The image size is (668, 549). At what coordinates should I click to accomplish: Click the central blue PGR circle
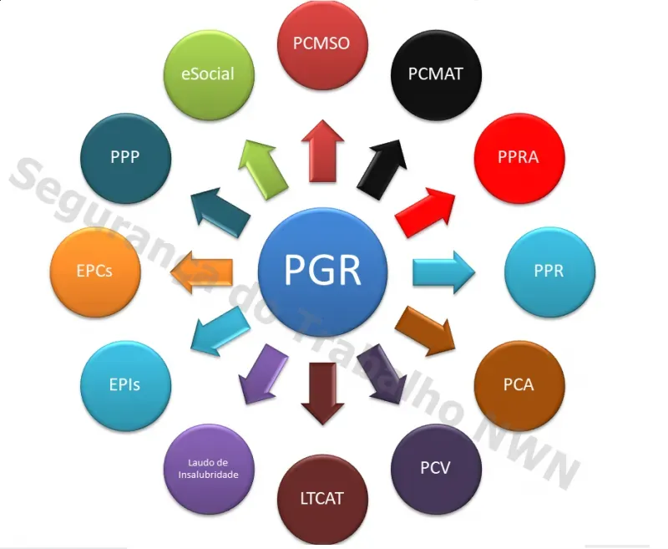pyautogui.click(x=322, y=272)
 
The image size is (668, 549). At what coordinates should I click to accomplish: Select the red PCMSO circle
pyautogui.click(x=322, y=44)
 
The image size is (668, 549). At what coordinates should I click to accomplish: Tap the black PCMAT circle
pyautogui.click(x=436, y=75)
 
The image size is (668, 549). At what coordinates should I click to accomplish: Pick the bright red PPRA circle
pyautogui.click(x=519, y=158)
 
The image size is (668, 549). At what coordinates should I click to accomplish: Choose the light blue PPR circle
pyautogui.click(x=550, y=272)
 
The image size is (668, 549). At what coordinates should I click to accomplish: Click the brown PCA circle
pyautogui.click(x=519, y=386)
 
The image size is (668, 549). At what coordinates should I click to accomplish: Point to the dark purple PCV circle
pyautogui.click(x=436, y=469)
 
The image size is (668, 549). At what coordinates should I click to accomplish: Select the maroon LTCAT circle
pyautogui.click(x=322, y=500)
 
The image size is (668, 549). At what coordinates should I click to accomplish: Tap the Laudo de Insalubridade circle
pyautogui.click(x=209, y=469)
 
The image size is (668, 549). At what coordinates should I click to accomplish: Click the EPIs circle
pyautogui.click(x=126, y=386)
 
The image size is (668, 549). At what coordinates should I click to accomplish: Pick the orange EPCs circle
pyautogui.click(x=95, y=272)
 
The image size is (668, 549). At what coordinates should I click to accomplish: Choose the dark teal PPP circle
pyautogui.click(x=126, y=158)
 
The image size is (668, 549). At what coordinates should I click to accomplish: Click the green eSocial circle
pyautogui.click(x=209, y=75)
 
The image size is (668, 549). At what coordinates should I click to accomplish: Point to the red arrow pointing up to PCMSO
pyautogui.click(x=322, y=151)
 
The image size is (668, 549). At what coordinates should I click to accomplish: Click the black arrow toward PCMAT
pyautogui.click(x=382, y=170)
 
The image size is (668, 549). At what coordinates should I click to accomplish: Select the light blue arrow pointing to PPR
pyautogui.click(x=443, y=272)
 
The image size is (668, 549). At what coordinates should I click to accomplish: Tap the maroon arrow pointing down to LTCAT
pyautogui.click(x=322, y=394)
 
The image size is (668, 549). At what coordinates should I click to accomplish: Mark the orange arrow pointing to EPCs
pyautogui.click(x=201, y=272)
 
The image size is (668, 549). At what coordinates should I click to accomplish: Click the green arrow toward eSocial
pyautogui.click(x=263, y=170)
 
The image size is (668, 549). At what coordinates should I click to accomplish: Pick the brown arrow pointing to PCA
pyautogui.click(x=425, y=331)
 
